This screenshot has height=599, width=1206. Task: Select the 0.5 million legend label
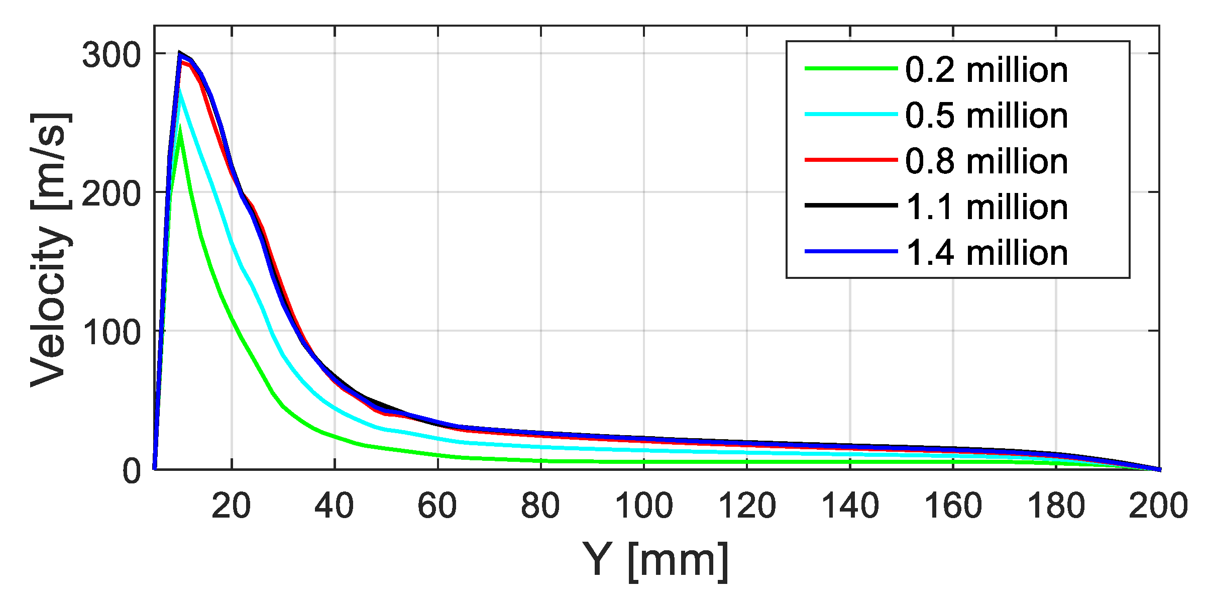point(986,116)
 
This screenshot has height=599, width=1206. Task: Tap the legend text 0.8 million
point(986,161)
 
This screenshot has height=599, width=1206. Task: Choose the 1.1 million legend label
point(986,207)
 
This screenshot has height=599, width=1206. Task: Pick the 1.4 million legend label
point(986,253)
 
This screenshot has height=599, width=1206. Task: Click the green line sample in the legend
point(851,68)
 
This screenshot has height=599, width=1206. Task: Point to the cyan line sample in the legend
point(851,114)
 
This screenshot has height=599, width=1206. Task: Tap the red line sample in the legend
point(851,160)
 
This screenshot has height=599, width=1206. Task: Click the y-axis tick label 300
point(112,55)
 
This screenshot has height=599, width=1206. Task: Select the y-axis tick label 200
point(112,193)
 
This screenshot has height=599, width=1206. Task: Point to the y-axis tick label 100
point(112,332)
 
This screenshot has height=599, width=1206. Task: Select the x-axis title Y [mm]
point(655,560)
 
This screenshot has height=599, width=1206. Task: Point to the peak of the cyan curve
point(180,90)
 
